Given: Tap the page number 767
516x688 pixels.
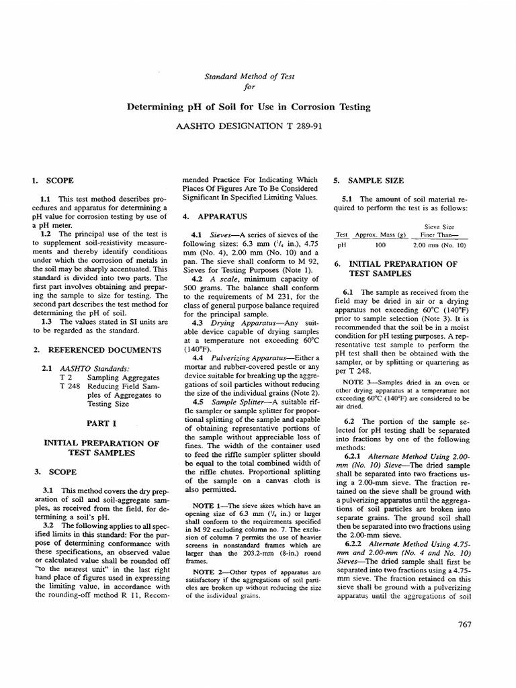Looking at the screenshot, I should pos(464,624).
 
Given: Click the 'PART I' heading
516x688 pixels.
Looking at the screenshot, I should pos(101,424).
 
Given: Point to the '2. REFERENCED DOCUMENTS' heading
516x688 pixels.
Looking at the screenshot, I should pos(97,350).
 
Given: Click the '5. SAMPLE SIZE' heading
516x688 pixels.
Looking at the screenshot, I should pos(369,181).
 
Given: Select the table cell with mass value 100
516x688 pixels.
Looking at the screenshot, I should pos(381,245).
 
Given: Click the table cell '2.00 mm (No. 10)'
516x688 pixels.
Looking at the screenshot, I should pos(439,245).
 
